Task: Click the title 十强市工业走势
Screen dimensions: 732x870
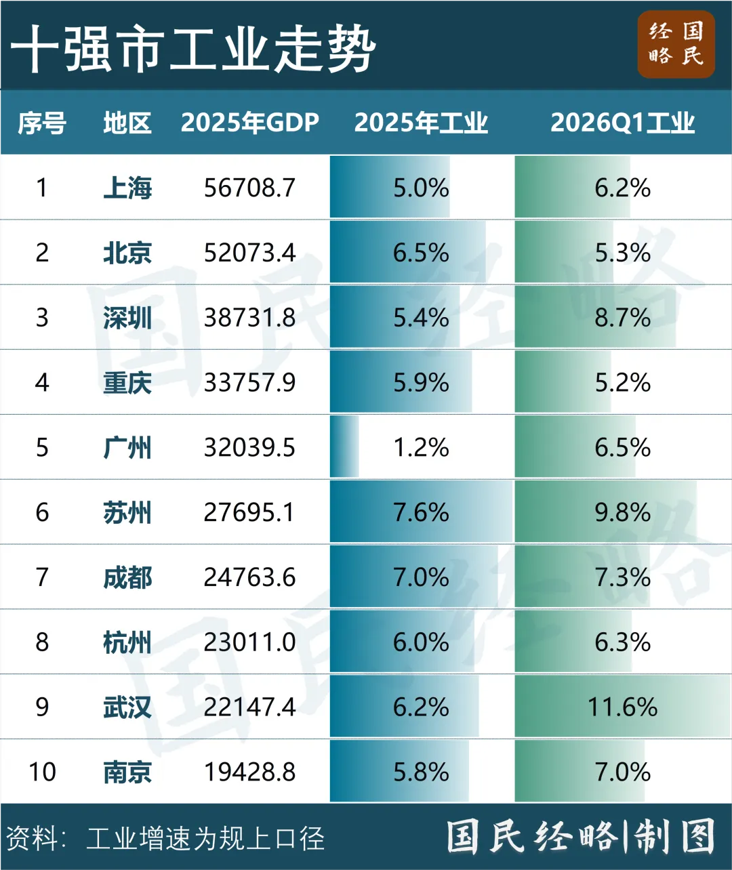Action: pos(193,48)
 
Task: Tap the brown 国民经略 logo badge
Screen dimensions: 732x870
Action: pos(676,44)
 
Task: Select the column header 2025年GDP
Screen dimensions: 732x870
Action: pos(250,123)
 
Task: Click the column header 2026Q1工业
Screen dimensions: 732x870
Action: pos(622,123)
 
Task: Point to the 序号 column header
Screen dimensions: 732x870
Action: pos(42,123)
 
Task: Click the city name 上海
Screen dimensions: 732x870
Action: pos(127,188)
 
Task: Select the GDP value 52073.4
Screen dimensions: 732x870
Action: pos(249,253)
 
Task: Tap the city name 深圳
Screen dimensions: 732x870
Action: pos(127,318)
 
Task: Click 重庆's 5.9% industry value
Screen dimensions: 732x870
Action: pos(421,383)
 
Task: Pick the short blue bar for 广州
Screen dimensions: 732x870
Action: pos(344,447)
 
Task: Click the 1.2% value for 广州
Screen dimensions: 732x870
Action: pos(421,447)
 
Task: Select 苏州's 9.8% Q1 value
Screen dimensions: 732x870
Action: pos(622,512)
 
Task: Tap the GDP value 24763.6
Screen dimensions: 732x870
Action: pos(249,577)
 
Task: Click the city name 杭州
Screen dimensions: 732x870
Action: pos(127,642)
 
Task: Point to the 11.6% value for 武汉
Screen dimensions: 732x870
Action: pos(622,707)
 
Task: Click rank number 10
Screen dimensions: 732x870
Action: pos(42,772)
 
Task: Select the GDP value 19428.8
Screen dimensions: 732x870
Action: pos(249,772)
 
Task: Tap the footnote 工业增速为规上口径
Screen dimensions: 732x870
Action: pos(205,837)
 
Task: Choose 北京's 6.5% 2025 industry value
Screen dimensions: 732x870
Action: pos(421,253)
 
